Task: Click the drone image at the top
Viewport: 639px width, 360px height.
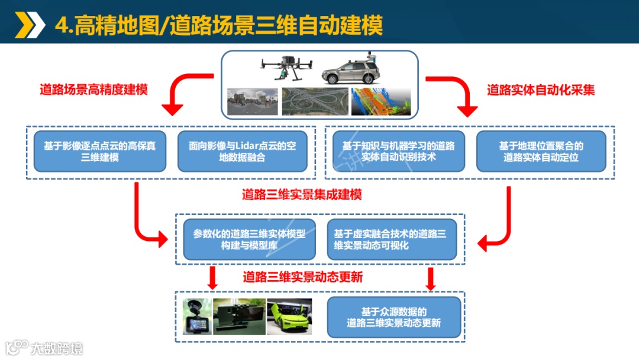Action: (286, 67)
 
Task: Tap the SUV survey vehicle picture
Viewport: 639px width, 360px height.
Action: (351, 69)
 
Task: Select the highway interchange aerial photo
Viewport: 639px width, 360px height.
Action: (315, 101)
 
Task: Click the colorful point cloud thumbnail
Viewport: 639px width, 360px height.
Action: (381, 101)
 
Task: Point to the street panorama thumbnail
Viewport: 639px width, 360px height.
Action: (253, 101)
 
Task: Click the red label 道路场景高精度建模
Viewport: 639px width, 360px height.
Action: (93, 89)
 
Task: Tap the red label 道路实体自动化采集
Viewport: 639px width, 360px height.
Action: (541, 89)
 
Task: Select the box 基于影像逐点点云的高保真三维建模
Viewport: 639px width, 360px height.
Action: (100, 151)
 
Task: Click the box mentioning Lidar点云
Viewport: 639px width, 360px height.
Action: (243, 151)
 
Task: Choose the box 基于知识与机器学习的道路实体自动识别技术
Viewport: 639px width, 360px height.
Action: (399, 151)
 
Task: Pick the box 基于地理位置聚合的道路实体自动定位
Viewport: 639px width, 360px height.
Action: (541, 151)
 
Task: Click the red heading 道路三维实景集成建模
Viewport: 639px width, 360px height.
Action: (302, 194)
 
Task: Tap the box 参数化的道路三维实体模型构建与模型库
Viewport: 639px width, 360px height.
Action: (250, 239)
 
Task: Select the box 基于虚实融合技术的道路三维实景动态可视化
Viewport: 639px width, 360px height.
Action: (392, 239)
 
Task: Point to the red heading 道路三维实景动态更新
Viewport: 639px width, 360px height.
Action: (303, 277)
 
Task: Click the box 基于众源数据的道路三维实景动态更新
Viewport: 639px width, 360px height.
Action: (394, 317)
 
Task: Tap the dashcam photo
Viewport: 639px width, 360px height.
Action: (197, 317)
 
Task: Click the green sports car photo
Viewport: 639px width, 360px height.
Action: (289, 317)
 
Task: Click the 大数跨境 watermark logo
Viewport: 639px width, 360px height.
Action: (44, 348)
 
